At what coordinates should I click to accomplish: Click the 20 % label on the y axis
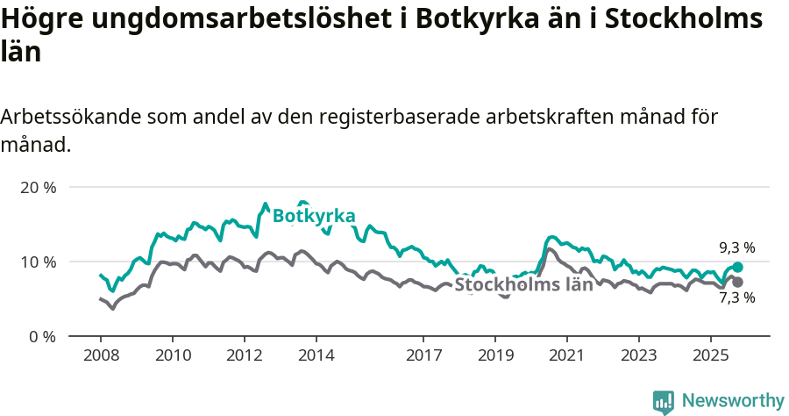37,187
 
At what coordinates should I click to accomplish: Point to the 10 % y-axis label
37,262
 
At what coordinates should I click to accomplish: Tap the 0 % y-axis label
40,336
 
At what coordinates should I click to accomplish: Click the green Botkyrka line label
314,216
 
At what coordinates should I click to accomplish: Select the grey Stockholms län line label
523,285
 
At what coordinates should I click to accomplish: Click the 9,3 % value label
737,248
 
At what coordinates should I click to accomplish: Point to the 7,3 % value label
737,298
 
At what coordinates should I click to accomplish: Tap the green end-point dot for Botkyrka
737,267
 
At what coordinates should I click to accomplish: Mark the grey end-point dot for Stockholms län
737,282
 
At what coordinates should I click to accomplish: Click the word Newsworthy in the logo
733,400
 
